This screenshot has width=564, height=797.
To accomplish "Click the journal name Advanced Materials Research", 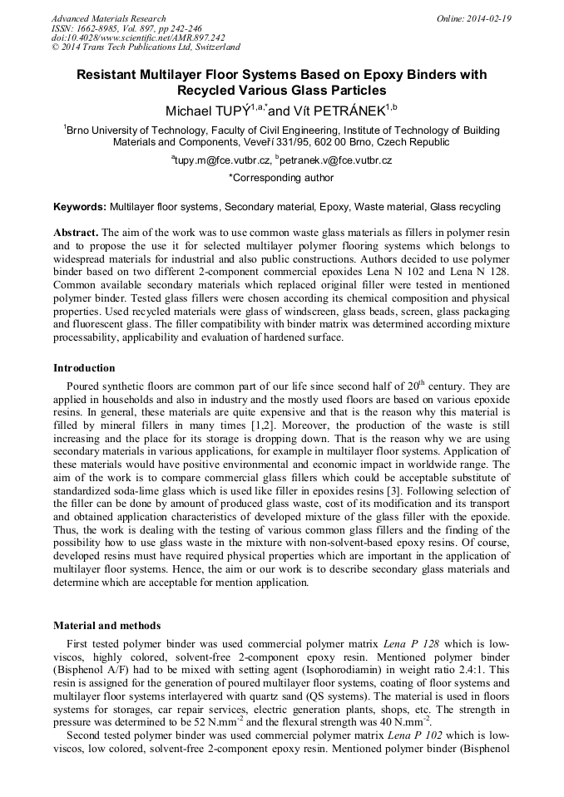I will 109,18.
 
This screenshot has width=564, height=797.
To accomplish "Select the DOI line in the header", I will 138,37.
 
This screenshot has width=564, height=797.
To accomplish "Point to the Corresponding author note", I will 281,177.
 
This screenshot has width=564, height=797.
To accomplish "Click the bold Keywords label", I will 80,206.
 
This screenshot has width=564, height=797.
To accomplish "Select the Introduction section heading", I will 84,367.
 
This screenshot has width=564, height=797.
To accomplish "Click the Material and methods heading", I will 106,625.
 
